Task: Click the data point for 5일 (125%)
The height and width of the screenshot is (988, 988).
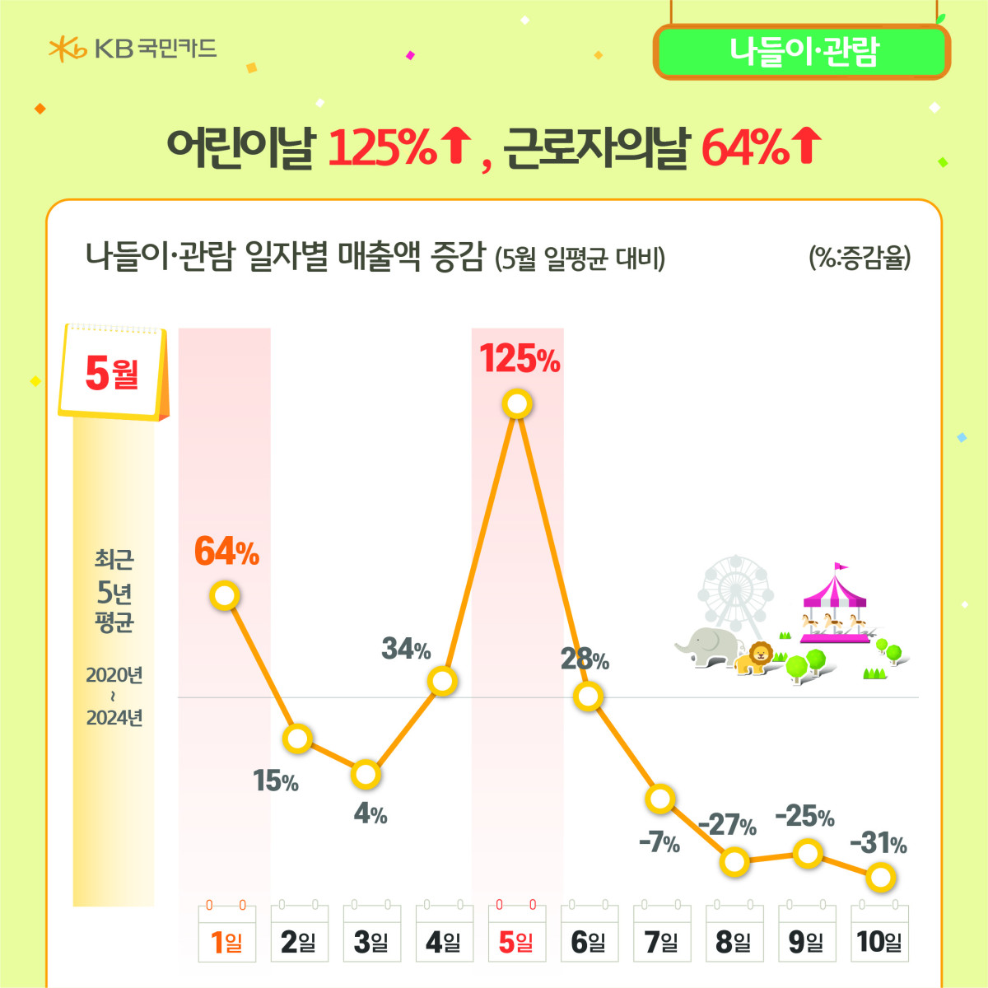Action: tap(517, 404)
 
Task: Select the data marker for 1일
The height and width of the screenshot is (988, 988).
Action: tap(225, 594)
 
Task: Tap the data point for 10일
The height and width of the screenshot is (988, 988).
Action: tap(880, 878)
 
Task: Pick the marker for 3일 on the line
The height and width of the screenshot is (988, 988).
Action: tap(366, 774)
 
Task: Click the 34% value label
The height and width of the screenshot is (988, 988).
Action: tap(406, 649)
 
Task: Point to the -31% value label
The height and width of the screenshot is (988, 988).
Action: tap(878, 843)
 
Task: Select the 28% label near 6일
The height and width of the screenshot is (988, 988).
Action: tap(585, 659)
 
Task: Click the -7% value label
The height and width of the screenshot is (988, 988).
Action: tap(659, 842)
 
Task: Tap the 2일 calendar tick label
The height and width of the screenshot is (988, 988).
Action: tap(299, 940)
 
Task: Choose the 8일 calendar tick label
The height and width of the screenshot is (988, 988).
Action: tap(734, 940)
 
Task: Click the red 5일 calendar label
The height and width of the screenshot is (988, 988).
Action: tap(516, 940)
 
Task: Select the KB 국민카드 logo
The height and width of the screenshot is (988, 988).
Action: tap(133, 49)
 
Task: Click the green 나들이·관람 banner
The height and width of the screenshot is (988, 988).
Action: tap(802, 52)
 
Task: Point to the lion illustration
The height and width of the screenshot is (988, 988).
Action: tap(756, 657)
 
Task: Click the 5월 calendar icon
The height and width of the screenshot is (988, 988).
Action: tap(114, 372)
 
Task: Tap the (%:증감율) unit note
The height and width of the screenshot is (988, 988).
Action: tap(860, 258)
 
